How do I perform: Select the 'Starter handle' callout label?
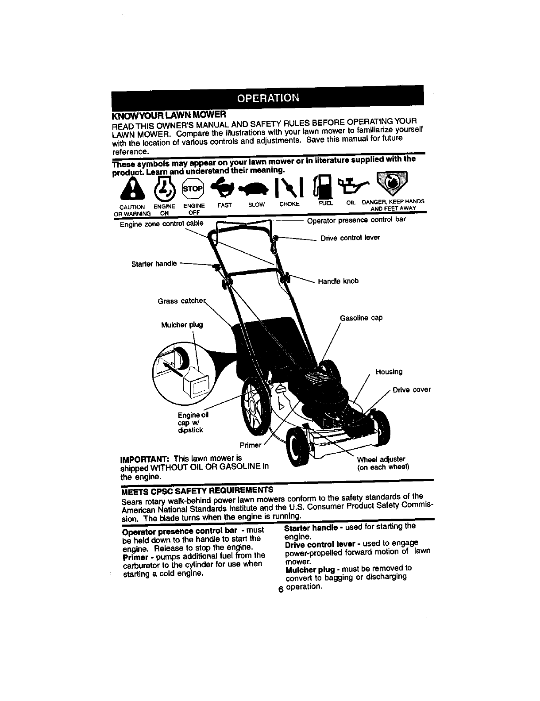click(x=154, y=264)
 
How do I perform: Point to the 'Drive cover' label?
click(x=411, y=390)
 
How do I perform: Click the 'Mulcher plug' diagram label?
click(x=182, y=324)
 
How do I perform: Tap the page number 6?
click(x=280, y=590)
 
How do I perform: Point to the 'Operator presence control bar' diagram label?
click(x=356, y=220)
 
